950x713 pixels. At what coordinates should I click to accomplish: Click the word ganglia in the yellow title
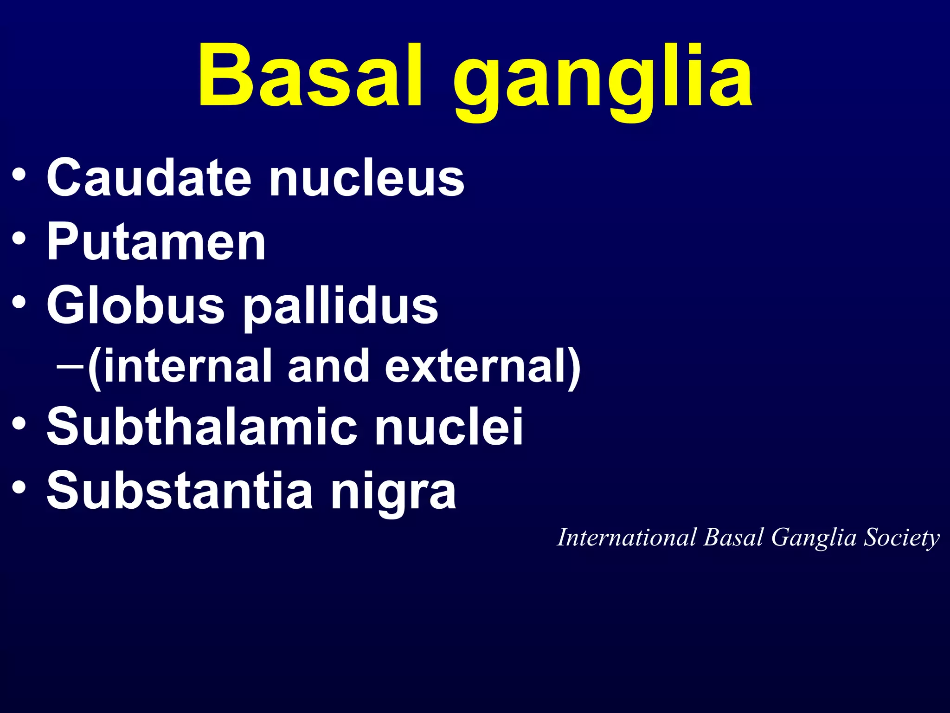tap(603, 81)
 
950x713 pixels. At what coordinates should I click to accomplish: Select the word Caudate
tap(148, 178)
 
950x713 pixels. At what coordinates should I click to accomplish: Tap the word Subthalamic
tap(202, 426)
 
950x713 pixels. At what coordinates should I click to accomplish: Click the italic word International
tap(627, 538)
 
